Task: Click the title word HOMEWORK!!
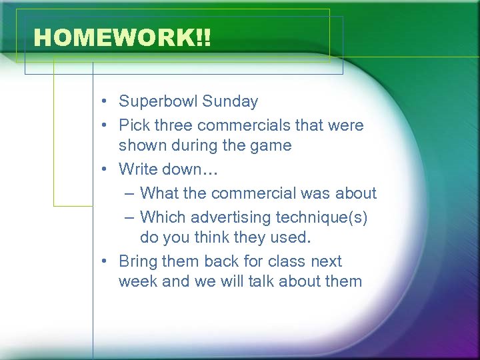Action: click(122, 38)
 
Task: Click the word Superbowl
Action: click(158, 102)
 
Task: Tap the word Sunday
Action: click(230, 102)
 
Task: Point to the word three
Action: click(176, 125)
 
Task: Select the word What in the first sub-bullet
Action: click(159, 193)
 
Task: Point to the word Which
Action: click(163, 217)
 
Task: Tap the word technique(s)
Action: click(327, 217)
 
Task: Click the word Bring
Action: click(138, 261)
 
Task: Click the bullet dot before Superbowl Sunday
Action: click(106, 103)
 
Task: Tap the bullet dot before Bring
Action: click(106, 262)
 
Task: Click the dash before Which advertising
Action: click(129, 218)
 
